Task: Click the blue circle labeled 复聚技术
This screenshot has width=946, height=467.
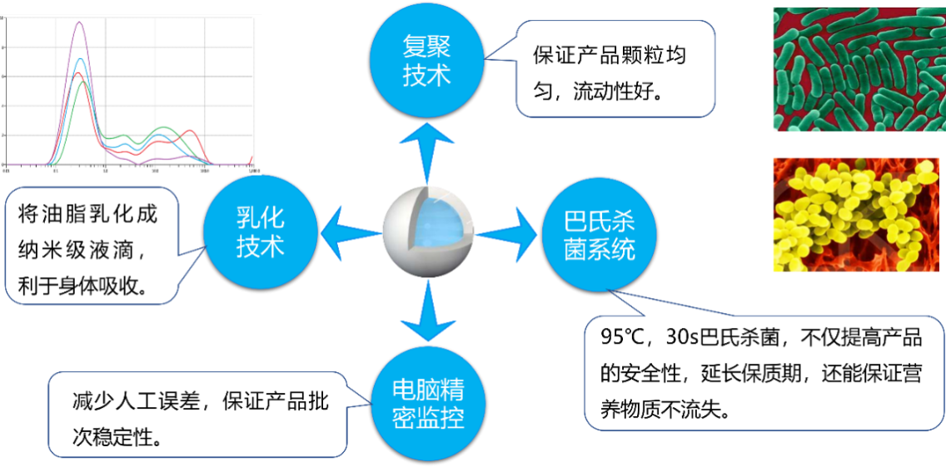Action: click(426, 61)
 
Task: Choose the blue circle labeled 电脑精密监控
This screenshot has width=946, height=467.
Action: click(428, 404)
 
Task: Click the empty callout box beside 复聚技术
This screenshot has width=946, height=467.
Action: click(615, 68)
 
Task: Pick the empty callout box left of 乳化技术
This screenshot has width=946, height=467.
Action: click(91, 246)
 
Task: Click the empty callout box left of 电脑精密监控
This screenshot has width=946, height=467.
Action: click(197, 415)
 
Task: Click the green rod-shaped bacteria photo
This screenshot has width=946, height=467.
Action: click(859, 69)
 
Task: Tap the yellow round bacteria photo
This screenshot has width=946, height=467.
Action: click(859, 215)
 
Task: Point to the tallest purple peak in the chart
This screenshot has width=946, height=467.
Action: click(80, 22)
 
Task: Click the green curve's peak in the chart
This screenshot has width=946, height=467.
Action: click(83, 82)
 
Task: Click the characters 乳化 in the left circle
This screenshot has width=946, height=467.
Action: click(261, 219)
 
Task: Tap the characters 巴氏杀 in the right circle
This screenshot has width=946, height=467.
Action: click(600, 221)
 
